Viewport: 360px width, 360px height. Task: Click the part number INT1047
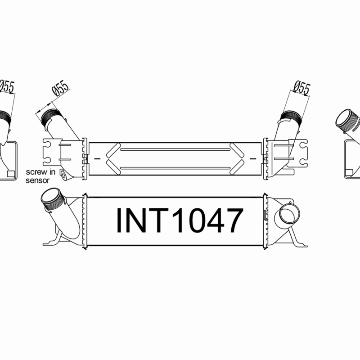pos(180,220)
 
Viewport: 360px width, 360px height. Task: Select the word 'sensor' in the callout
pos(36,179)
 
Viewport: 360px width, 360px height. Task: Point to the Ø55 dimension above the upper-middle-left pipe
pos(60,89)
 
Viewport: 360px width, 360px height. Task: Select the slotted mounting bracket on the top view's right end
pos(299,150)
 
